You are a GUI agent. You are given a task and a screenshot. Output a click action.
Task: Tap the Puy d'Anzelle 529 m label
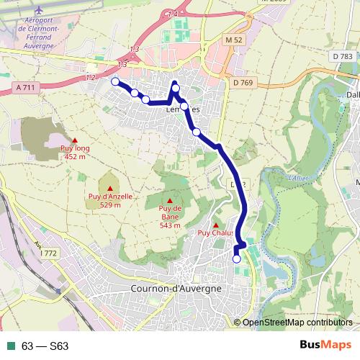tap(109, 201)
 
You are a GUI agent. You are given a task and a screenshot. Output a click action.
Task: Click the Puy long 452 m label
tap(75, 152)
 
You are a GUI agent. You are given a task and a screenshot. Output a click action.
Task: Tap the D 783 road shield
tap(343, 56)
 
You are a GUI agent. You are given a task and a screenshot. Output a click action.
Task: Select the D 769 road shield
tap(245, 83)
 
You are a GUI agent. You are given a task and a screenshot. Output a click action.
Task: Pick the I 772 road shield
tap(48, 253)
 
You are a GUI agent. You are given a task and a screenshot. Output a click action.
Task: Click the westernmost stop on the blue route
tap(115, 82)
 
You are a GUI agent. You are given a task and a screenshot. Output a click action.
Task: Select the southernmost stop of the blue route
tap(237, 258)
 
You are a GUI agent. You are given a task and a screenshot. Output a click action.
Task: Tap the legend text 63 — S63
tap(45, 346)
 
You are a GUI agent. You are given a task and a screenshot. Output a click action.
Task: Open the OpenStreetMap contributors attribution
tap(297, 322)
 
